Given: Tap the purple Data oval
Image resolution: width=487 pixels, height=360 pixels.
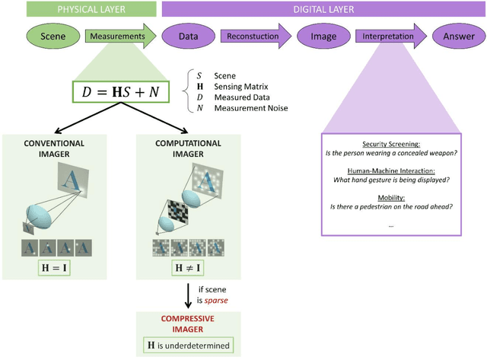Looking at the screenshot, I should tap(189, 37).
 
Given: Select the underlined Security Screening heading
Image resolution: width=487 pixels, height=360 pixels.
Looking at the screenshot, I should tap(390, 144).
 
